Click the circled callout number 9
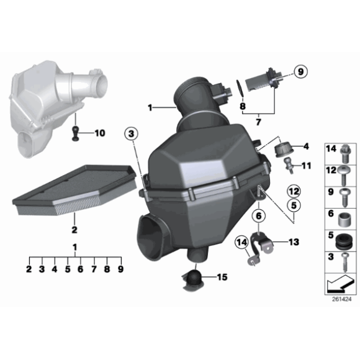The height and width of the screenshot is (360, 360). (300, 73)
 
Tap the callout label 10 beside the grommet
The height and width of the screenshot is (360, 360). (100, 133)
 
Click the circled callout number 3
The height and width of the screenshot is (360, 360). (130, 132)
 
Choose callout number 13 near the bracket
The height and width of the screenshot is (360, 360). (294, 242)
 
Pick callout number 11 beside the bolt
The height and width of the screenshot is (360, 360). (305, 165)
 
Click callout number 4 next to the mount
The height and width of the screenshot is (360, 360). (304, 146)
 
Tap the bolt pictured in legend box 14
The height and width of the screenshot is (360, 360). (345, 150)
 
